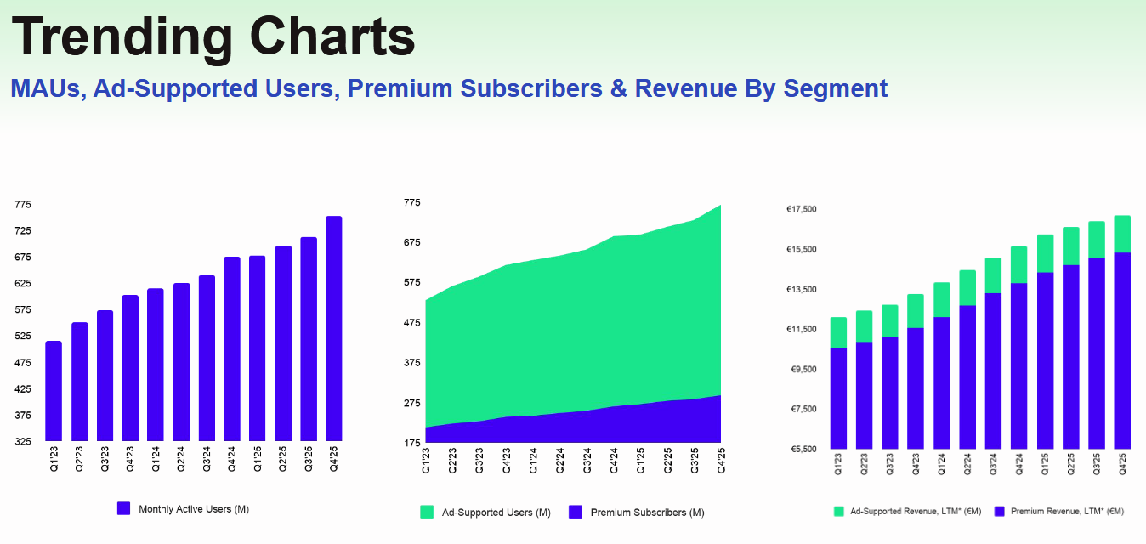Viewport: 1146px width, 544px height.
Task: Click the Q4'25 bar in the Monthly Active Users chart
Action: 334,329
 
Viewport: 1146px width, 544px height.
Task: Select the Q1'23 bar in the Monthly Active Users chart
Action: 54,391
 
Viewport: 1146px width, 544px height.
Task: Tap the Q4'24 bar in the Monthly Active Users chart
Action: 232,348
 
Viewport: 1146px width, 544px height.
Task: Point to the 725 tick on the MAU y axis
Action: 22,231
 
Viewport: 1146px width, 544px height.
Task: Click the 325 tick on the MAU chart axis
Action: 22,442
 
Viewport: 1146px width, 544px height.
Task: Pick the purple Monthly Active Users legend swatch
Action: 123,508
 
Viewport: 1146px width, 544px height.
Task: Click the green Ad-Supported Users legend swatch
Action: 427,512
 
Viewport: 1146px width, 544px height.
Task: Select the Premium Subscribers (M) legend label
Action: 647,513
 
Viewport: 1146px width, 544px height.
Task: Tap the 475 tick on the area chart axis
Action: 411,323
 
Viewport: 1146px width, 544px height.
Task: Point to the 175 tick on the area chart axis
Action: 411,443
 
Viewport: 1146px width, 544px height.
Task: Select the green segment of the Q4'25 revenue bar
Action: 1122,234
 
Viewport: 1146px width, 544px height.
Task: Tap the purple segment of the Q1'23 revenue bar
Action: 838,398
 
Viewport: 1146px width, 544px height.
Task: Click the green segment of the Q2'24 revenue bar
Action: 967,287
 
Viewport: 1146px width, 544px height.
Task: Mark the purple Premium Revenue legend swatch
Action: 1000,512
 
